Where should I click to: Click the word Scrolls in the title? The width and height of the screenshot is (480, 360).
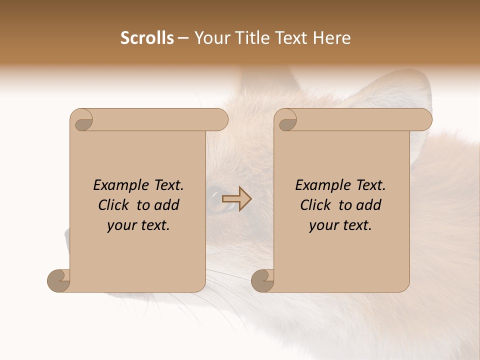pyautogui.click(x=147, y=38)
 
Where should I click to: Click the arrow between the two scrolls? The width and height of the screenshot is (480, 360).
pyautogui.click(x=237, y=199)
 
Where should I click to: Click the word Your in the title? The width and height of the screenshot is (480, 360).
pyautogui.click(x=209, y=38)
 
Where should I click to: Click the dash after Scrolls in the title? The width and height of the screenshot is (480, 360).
pyautogui.click(x=183, y=38)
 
